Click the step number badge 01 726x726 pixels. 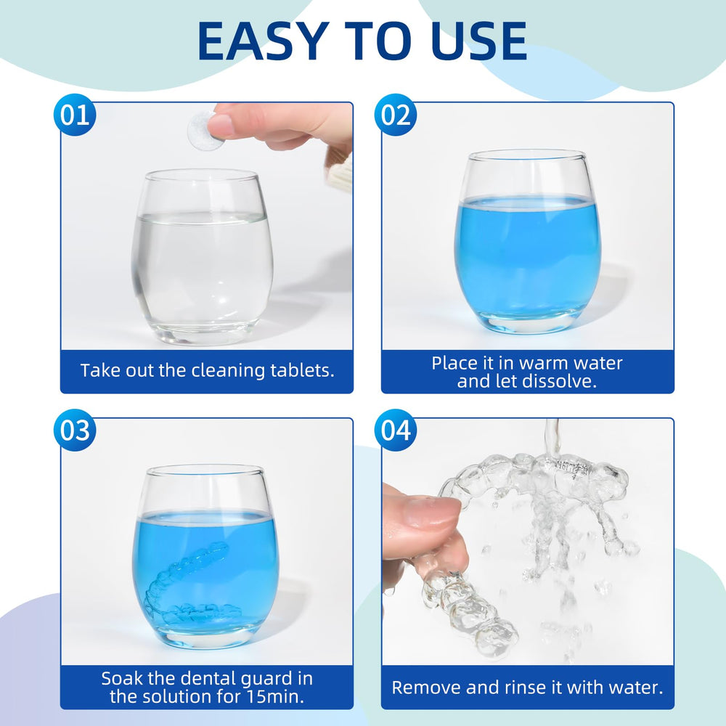click(x=75, y=116)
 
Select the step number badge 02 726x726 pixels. click(x=396, y=116)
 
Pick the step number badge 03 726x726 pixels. click(x=75, y=431)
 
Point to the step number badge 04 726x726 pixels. click(x=396, y=431)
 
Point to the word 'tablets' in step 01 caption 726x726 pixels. click(x=303, y=370)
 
